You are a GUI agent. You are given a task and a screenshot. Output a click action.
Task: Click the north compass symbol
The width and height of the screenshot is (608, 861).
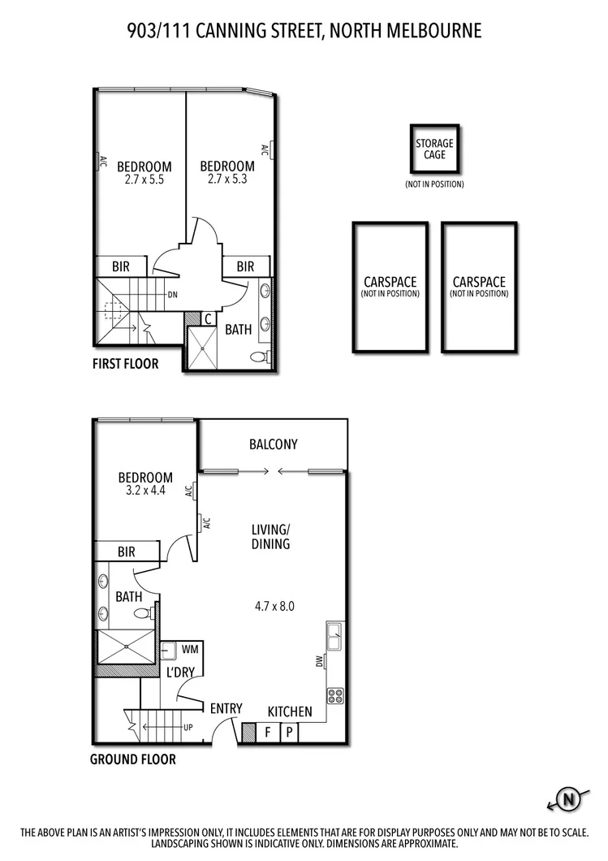(x=569, y=800)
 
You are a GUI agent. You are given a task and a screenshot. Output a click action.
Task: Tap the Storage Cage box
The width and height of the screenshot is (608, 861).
(x=434, y=149)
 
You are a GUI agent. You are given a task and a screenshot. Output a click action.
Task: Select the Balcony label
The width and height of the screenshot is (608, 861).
(x=273, y=444)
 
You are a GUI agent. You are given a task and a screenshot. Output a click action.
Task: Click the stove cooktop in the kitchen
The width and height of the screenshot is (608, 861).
(x=334, y=695)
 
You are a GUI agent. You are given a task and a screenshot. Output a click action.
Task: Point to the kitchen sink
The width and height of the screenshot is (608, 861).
(x=334, y=637)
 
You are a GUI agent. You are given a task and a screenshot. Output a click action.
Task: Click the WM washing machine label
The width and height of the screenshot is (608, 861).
(x=190, y=650)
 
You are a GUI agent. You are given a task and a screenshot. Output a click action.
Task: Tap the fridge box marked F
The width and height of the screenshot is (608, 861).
(x=267, y=733)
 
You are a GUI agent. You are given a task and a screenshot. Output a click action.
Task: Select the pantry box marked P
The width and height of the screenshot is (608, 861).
(x=289, y=733)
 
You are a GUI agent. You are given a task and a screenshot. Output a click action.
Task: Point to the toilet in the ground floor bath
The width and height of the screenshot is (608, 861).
(x=144, y=614)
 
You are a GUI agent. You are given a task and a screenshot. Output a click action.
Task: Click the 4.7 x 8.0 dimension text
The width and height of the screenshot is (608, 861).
(x=274, y=605)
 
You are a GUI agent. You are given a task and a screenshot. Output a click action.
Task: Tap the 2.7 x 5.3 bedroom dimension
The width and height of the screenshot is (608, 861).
(x=227, y=179)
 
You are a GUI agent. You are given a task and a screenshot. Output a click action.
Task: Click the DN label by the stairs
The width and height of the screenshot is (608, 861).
(x=172, y=295)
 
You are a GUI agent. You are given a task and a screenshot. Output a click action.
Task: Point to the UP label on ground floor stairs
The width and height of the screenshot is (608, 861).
(x=188, y=727)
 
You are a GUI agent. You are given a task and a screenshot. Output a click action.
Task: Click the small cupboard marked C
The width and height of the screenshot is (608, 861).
(x=208, y=318)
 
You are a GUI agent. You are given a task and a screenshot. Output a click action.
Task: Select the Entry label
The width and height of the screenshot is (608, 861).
(x=226, y=708)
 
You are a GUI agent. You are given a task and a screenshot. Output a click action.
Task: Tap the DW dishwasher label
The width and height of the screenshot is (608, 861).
(x=319, y=662)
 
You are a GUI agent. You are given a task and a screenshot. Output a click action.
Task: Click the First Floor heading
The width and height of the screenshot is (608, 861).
(x=125, y=364)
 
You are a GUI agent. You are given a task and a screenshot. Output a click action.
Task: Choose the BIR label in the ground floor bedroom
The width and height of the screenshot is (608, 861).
(x=126, y=552)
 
